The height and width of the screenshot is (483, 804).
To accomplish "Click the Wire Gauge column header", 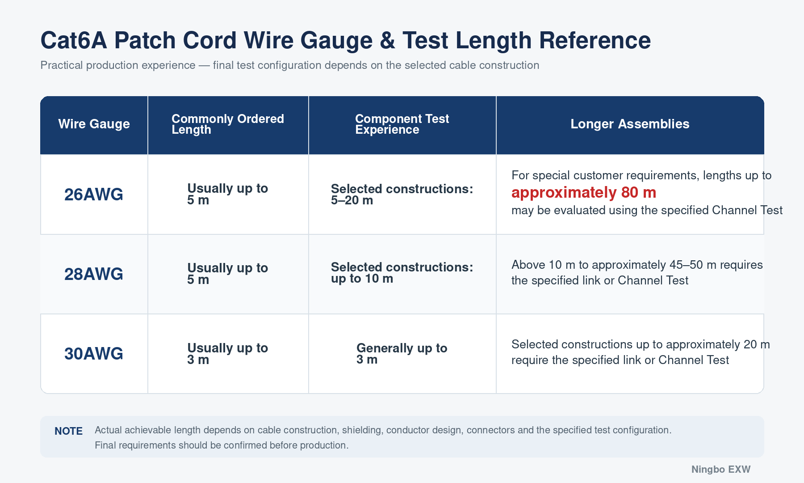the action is click(94, 124).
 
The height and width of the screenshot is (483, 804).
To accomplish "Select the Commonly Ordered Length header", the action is click(228, 124).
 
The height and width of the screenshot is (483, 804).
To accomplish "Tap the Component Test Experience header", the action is click(402, 124).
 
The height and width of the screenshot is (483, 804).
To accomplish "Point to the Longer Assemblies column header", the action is click(630, 124).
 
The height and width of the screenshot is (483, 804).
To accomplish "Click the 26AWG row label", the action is click(94, 195).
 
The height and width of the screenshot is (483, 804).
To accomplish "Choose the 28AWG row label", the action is click(94, 274).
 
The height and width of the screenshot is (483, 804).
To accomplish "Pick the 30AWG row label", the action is click(94, 354).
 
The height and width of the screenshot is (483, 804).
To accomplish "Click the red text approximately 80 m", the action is click(584, 193).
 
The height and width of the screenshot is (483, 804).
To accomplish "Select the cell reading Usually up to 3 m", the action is click(227, 354).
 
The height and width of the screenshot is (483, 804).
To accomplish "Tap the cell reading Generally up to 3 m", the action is click(402, 354).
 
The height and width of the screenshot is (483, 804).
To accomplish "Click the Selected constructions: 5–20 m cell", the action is click(402, 195).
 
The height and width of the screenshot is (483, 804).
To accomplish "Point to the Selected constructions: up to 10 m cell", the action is click(402, 273).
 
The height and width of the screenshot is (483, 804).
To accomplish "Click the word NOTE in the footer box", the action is click(68, 431).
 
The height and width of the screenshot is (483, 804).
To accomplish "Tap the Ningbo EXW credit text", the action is click(721, 470).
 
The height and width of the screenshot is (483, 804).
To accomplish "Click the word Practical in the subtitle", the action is click(62, 65).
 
